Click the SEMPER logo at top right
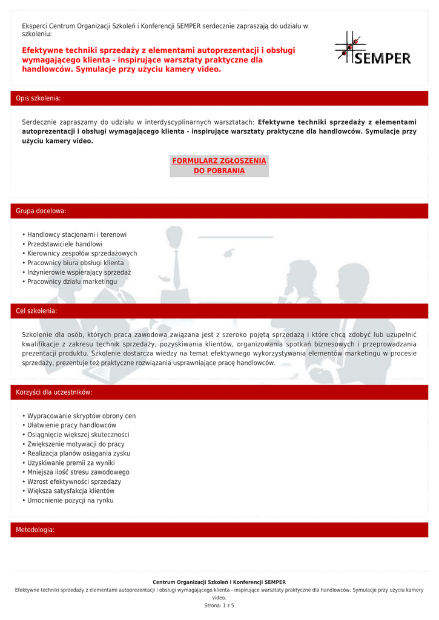373,49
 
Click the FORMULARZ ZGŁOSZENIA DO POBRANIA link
219,166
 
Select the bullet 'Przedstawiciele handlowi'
65,244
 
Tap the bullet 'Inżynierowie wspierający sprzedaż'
79,272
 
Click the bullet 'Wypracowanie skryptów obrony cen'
81,416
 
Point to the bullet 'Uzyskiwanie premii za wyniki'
71,463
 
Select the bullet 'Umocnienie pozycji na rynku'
70,501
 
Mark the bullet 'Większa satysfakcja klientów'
71,491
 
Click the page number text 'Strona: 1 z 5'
219,605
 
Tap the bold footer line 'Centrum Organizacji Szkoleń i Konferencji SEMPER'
219,582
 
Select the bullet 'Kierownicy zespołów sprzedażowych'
82,254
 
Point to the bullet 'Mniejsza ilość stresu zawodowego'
78,472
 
